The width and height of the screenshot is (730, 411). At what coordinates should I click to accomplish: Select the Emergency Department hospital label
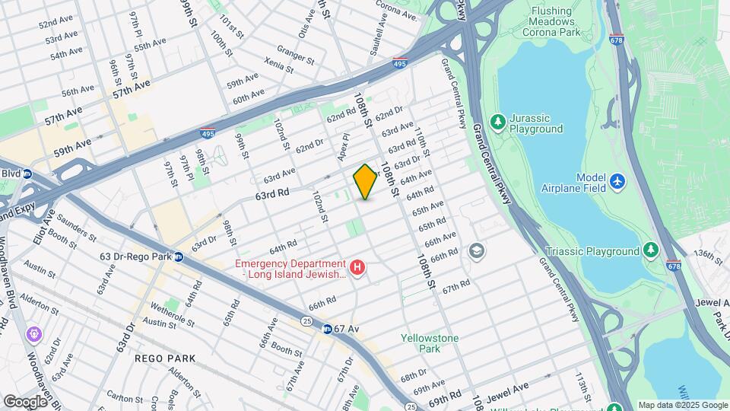(290, 269)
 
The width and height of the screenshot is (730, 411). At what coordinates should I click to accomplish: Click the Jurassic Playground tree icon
(498, 121)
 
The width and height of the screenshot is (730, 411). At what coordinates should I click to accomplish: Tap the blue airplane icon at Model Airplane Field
(617, 182)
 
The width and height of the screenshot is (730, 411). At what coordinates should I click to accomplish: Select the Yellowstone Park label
(421, 342)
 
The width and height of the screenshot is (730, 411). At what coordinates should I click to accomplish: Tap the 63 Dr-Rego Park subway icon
(178, 256)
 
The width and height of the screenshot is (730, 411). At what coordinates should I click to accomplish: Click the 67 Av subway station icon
(326, 329)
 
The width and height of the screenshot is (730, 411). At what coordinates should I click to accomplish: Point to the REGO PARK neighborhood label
(165, 358)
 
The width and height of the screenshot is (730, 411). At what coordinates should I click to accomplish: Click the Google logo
(25, 401)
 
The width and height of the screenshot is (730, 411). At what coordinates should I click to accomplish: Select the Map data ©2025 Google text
(682, 405)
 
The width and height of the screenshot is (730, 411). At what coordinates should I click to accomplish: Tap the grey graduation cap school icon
(477, 250)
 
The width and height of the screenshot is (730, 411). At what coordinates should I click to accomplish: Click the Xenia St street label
(280, 66)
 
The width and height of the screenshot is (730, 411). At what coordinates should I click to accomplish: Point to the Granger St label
(295, 56)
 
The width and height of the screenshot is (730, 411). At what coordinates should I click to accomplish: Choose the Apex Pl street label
(344, 147)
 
